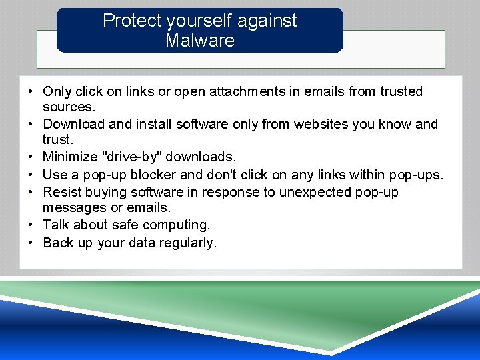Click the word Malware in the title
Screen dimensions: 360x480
pyautogui.click(x=200, y=41)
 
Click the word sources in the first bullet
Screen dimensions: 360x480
pyautogui.click(x=68, y=107)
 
